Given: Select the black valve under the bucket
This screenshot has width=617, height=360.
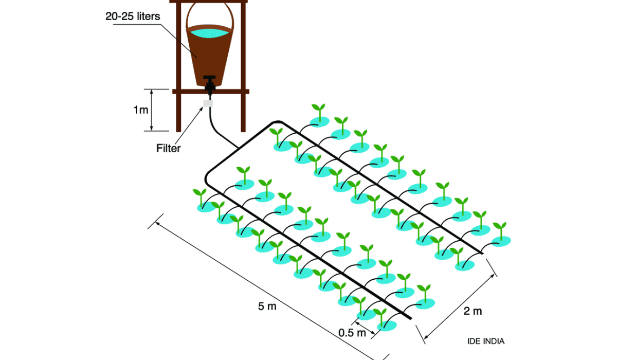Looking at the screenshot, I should [x=209, y=83].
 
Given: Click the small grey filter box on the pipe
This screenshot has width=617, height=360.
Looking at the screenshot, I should [x=209, y=103].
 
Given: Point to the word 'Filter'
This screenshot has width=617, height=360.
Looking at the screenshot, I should [x=168, y=149].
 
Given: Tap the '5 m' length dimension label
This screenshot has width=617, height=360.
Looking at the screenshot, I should [x=267, y=307].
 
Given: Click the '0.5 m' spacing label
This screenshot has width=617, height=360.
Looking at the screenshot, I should [x=352, y=333].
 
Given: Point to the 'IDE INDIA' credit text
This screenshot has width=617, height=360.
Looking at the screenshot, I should [x=485, y=341].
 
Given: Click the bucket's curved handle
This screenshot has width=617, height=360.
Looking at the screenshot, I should [x=229, y=15].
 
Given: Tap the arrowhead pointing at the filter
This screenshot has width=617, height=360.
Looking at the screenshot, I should [x=202, y=107].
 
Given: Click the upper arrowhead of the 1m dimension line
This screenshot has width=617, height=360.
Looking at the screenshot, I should [x=151, y=92].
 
